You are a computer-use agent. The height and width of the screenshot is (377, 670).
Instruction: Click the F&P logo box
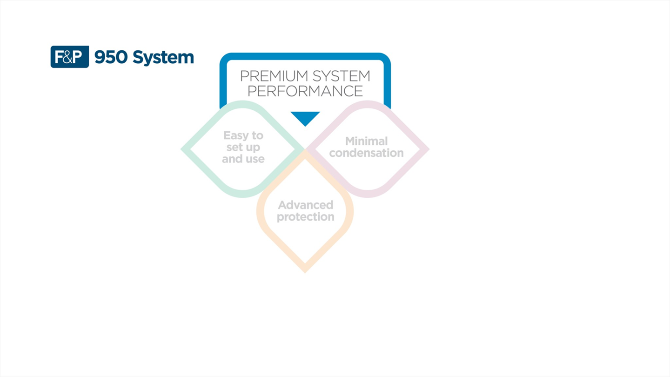pyautogui.click(x=69, y=57)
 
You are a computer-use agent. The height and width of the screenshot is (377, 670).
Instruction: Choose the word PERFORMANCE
pyautogui.click(x=305, y=91)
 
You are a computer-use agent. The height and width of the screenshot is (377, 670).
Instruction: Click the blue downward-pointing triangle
pyautogui.click(x=305, y=118)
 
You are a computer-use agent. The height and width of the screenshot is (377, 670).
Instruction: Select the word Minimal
pyautogui.click(x=366, y=141)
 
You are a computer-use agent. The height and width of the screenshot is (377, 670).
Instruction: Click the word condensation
pyautogui.click(x=366, y=153)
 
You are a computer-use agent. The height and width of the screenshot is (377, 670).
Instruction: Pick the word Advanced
pyautogui.click(x=306, y=205)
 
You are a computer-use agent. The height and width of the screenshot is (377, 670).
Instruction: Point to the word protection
pyautogui.click(x=306, y=217)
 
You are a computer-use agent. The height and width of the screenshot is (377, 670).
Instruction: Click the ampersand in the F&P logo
pyautogui.click(x=70, y=57)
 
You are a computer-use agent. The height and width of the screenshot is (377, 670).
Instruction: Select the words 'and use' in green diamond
pyautogui.click(x=243, y=159)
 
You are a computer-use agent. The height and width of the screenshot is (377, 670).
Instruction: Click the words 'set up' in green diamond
pyautogui.click(x=243, y=147)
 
